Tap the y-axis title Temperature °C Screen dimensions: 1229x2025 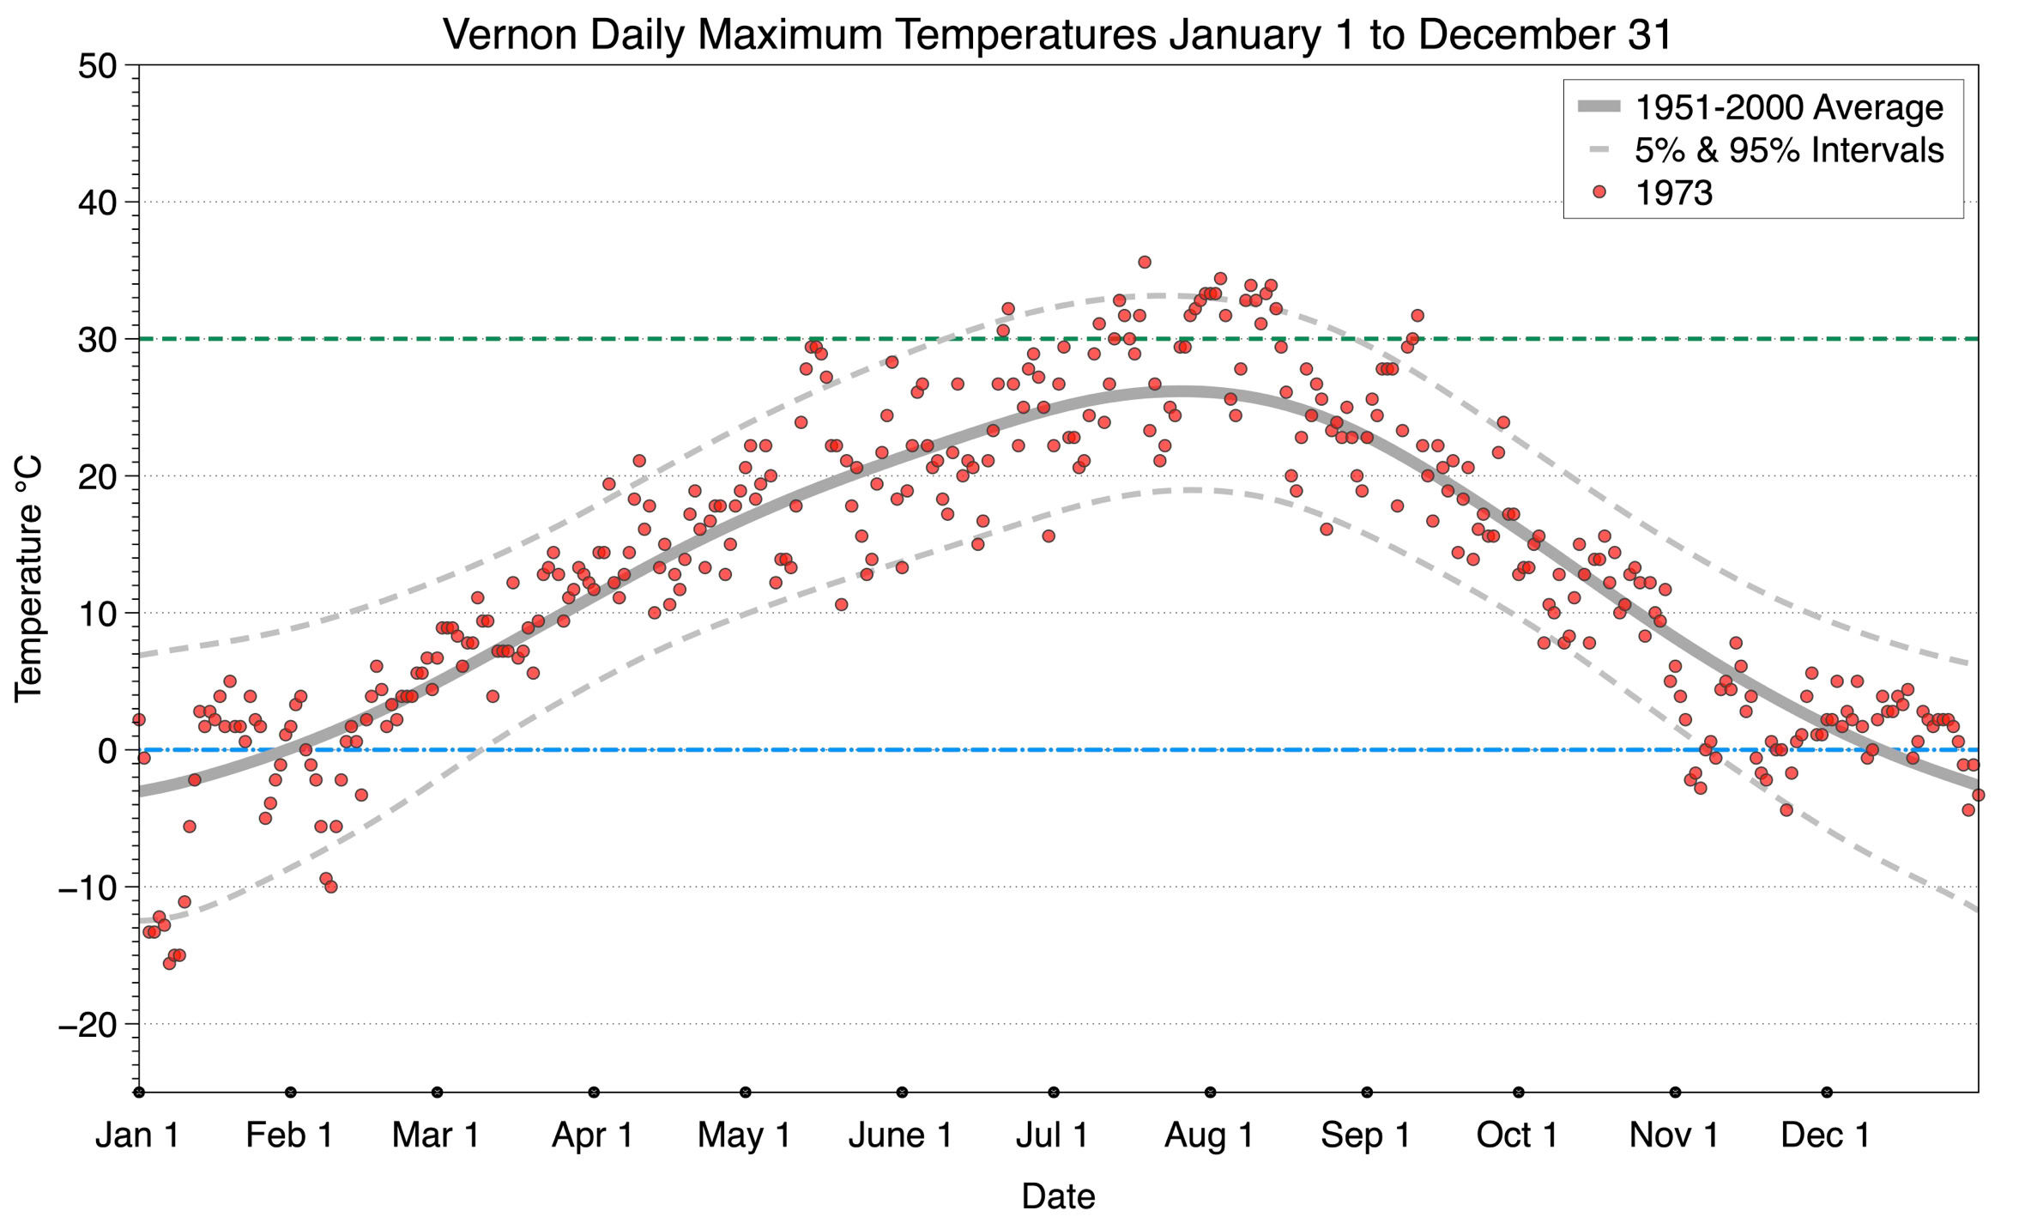(x=28, y=578)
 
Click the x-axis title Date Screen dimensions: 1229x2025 (x=1058, y=1196)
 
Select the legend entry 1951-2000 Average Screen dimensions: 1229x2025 (x=1788, y=107)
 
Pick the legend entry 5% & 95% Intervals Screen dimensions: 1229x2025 (x=1788, y=150)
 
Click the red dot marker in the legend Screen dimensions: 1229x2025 (x=1599, y=192)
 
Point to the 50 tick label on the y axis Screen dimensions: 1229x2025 (x=97, y=66)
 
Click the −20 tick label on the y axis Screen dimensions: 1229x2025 (x=88, y=1024)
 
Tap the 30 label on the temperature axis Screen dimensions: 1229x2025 (x=97, y=340)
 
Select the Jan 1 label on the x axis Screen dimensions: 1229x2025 (x=137, y=1135)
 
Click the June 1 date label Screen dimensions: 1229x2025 (x=900, y=1135)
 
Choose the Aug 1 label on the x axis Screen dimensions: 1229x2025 (x=1208, y=1135)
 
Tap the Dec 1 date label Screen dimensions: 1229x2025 (x=1825, y=1135)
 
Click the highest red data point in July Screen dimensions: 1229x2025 (x=1144, y=262)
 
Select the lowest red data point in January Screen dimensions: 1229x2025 (x=169, y=963)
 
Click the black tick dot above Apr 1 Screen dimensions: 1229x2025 (x=594, y=1092)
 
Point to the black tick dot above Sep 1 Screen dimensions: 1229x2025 (x=1367, y=1092)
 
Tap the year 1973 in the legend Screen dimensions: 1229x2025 (x=1673, y=193)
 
